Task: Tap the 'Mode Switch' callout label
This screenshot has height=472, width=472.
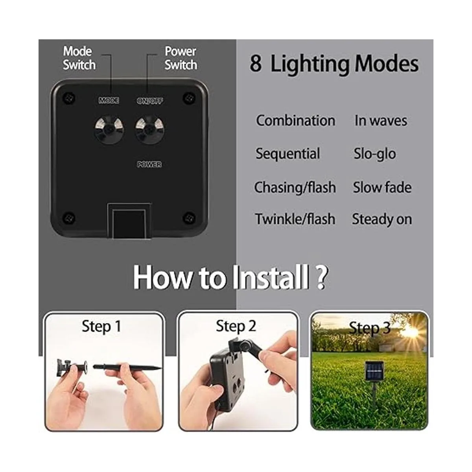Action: (x=79, y=58)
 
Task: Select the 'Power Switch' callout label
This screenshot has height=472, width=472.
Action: (x=181, y=58)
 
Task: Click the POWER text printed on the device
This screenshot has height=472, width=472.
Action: (x=149, y=164)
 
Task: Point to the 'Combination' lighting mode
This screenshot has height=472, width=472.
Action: (x=296, y=120)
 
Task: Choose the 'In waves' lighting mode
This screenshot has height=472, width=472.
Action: (x=381, y=120)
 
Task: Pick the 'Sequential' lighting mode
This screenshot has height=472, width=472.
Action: (x=288, y=154)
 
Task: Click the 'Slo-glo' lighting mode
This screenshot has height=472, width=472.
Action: (x=375, y=154)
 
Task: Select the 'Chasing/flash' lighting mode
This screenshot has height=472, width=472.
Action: (x=295, y=187)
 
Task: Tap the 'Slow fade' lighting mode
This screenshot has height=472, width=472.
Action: (x=382, y=187)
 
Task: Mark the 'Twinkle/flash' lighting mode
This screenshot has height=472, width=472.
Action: (x=295, y=219)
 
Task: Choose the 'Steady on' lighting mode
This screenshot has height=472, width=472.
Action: (x=382, y=219)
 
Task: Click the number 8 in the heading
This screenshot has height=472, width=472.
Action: (x=256, y=64)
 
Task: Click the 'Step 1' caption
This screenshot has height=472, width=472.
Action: (x=101, y=327)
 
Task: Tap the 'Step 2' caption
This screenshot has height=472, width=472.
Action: (x=236, y=326)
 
